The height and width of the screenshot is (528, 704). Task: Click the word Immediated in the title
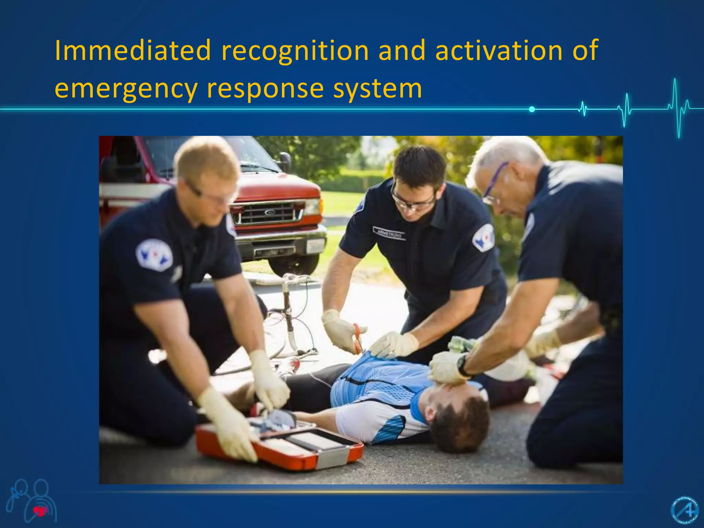tap(133, 51)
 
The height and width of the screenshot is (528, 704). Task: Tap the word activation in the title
tap(499, 51)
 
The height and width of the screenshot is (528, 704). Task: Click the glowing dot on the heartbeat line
tap(532, 109)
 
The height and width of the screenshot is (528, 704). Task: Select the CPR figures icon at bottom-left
tap(33, 500)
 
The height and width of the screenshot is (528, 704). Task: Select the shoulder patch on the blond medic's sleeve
tap(154, 255)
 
